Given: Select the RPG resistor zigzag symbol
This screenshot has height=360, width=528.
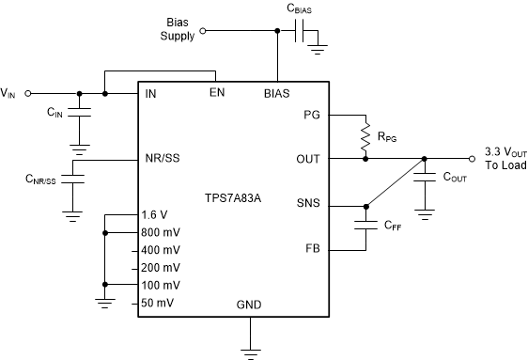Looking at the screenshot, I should pos(365,136).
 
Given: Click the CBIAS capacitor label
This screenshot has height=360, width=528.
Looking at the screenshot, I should pos(303,9).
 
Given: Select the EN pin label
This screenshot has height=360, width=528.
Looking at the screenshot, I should pos(217,93).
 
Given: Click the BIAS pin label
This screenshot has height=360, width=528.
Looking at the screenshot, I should pos(277,93).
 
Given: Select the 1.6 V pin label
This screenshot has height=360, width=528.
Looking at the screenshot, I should pos(156,215).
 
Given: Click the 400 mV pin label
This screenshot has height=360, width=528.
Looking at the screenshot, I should pos(161,249).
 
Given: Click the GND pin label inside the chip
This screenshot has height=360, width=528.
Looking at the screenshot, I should pos(250,305).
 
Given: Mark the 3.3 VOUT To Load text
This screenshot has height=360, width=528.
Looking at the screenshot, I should pos(505,158).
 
